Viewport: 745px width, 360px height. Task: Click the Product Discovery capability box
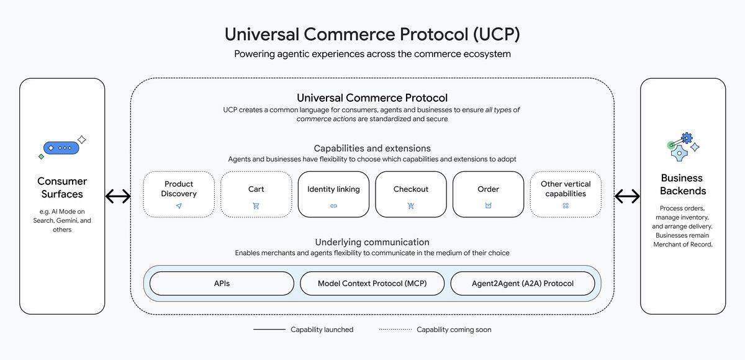pyautogui.click(x=179, y=194)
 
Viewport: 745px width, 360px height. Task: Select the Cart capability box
pyautogui.click(x=256, y=194)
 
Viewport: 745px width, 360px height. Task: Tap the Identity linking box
pyautogui.click(x=333, y=194)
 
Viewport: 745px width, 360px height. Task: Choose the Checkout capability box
pyautogui.click(x=410, y=194)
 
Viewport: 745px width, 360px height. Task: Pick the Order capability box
pyautogui.click(x=488, y=194)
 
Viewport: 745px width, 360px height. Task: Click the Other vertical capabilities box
pyautogui.click(x=566, y=194)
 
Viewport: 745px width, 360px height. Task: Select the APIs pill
pyautogui.click(x=222, y=284)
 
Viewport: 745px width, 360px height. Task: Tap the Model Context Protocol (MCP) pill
pyautogui.click(x=372, y=284)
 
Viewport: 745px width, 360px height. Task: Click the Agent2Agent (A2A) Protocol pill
pyautogui.click(x=522, y=284)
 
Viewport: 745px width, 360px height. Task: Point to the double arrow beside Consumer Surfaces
pyautogui.click(x=118, y=197)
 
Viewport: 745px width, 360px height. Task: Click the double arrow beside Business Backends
pyautogui.click(x=627, y=197)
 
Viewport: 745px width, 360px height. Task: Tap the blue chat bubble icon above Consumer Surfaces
pyautogui.click(x=61, y=148)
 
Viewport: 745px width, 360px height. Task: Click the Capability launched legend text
pyautogui.click(x=322, y=330)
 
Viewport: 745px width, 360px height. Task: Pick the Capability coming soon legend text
pyautogui.click(x=453, y=330)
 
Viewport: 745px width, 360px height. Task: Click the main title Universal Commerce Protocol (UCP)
pyautogui.click(x=372, y=34)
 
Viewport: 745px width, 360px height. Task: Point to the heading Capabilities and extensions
pyautogui.click(x=372, y=148)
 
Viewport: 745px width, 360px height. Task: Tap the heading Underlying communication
pyautogui.click(x=372, y=242)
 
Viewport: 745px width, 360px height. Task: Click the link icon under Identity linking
pyautogui.click(x=333, y=205)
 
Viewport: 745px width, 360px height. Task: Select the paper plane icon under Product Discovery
pyautogui.click(x=179, y=205)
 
